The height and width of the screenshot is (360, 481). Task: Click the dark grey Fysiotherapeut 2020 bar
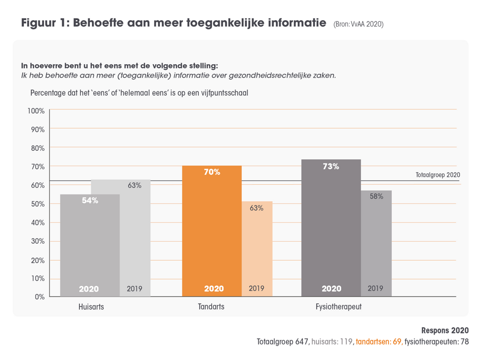[x=331, y=228]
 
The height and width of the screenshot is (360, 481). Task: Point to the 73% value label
[x=331, y=167]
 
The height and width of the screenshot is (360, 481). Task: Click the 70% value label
[x=212, y=173]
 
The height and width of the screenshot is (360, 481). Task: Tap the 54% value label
[x=89, y=201]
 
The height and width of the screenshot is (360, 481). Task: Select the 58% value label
[x=376, y=196]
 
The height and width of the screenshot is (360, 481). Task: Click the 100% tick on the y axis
[x=36, y=110]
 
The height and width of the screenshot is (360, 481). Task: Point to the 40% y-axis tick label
[x=36, y=222]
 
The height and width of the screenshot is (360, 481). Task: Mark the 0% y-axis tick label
[x=39, y=297]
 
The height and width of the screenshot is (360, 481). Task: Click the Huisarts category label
[x=91, y=307]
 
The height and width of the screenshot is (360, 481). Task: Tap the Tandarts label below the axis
[x=211, y=307]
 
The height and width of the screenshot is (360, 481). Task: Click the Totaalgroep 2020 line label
[x=437, y=175]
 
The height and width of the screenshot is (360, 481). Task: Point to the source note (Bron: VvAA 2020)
[x=358, y=24]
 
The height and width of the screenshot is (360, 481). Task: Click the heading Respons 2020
[x=445, y=330]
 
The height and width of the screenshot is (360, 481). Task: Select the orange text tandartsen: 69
[x=379, y=342]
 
